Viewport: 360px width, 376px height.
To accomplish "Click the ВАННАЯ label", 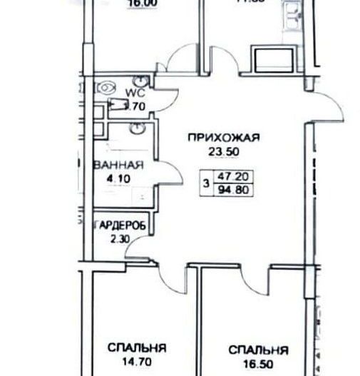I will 119,165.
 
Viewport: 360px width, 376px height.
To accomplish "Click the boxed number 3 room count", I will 206,183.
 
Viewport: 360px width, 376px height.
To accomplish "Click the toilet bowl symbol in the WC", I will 106,87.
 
